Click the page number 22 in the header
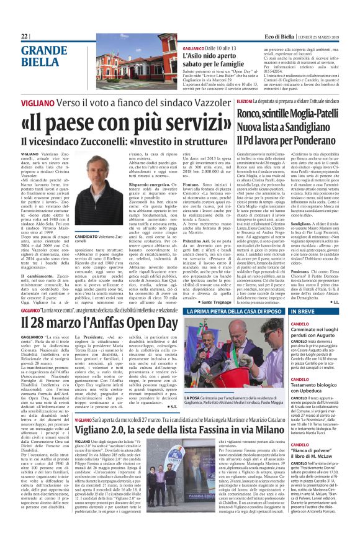[25, 37]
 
